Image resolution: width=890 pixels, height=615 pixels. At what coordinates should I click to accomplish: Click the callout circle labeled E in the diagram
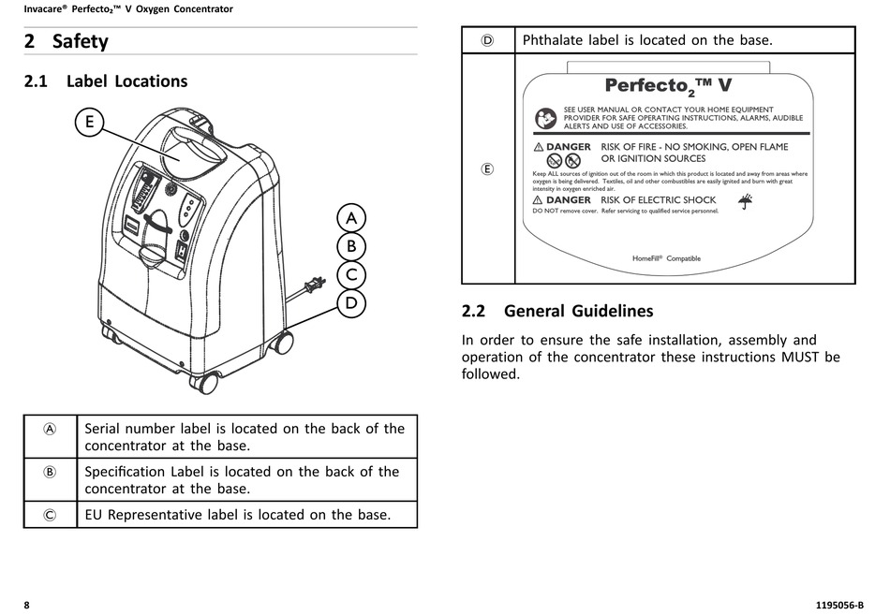pos(89,122)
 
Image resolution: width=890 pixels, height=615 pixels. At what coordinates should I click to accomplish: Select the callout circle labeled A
pos(350,218)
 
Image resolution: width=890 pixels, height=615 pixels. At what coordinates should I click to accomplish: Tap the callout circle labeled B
pos(350,247)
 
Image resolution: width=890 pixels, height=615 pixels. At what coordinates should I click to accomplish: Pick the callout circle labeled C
pos(350,275)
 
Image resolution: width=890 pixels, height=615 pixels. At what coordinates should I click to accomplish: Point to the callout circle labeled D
pos(350,303)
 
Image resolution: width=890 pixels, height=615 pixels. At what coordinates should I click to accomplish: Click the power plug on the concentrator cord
pos(316,284)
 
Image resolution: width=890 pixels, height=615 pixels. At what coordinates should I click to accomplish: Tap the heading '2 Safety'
pos(67,41)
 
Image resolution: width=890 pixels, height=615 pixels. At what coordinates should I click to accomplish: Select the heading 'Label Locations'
pos(126,81)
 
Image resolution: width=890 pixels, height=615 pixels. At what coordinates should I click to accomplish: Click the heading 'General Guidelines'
pos(578,311)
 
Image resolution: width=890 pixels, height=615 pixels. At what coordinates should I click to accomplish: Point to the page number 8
pos(27,605)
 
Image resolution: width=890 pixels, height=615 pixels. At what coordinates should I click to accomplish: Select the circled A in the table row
pos(50,429)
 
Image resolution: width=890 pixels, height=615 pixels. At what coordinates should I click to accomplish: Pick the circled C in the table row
pos(50,515)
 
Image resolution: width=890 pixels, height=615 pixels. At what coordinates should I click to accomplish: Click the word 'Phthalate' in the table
pos(556,40)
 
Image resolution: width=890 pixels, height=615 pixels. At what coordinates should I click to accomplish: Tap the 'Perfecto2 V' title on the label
pos(668,86)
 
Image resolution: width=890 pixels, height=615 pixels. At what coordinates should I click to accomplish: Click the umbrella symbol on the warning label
pos(746,201)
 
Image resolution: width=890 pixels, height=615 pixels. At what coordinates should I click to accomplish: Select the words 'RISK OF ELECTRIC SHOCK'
pos(658,199)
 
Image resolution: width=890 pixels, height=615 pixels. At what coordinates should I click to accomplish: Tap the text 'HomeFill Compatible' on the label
pos(666,258)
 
